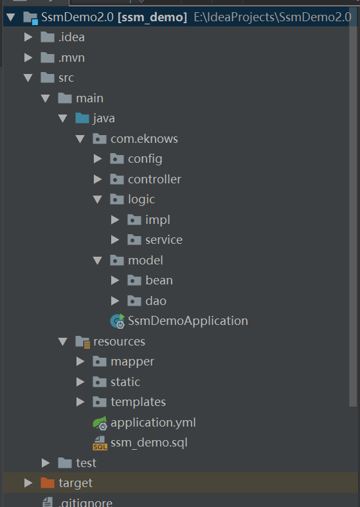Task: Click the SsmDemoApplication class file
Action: (x=188, y=321)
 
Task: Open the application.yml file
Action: (x=153, y=423)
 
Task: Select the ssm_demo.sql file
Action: (x=149, y=443)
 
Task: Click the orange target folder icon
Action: (x=48, y=483)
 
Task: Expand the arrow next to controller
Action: (x=98, y=179)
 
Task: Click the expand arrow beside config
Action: (x=98, y=159)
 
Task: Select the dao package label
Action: (x=156, y=300)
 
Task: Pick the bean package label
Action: (x=159, y=281)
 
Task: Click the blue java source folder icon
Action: (x=82, y=118)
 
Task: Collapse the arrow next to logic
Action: (x=97, y=199)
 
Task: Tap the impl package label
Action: (x=157, y=220)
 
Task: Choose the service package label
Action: (x=164, y=240)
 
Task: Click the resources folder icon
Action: (x=83, y=342)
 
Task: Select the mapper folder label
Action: (x=132, y=362)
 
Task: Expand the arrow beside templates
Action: (x=80, y=402)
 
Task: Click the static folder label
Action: (x=125, y=382)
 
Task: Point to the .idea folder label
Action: (x=71, y=37)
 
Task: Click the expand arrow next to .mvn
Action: (x=28, y=57)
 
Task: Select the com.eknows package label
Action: (x=144, y=139)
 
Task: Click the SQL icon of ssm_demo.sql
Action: (x=100, y=443)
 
